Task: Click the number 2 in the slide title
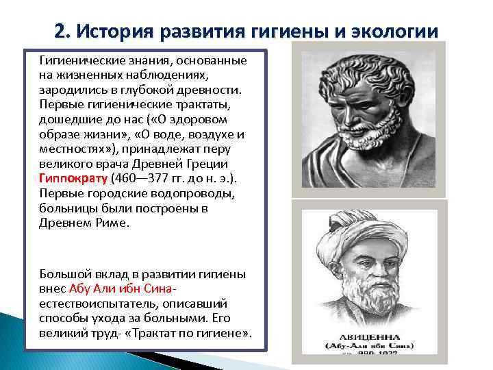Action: (x=60, y=31)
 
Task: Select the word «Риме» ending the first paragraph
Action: (x=112, y=223)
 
